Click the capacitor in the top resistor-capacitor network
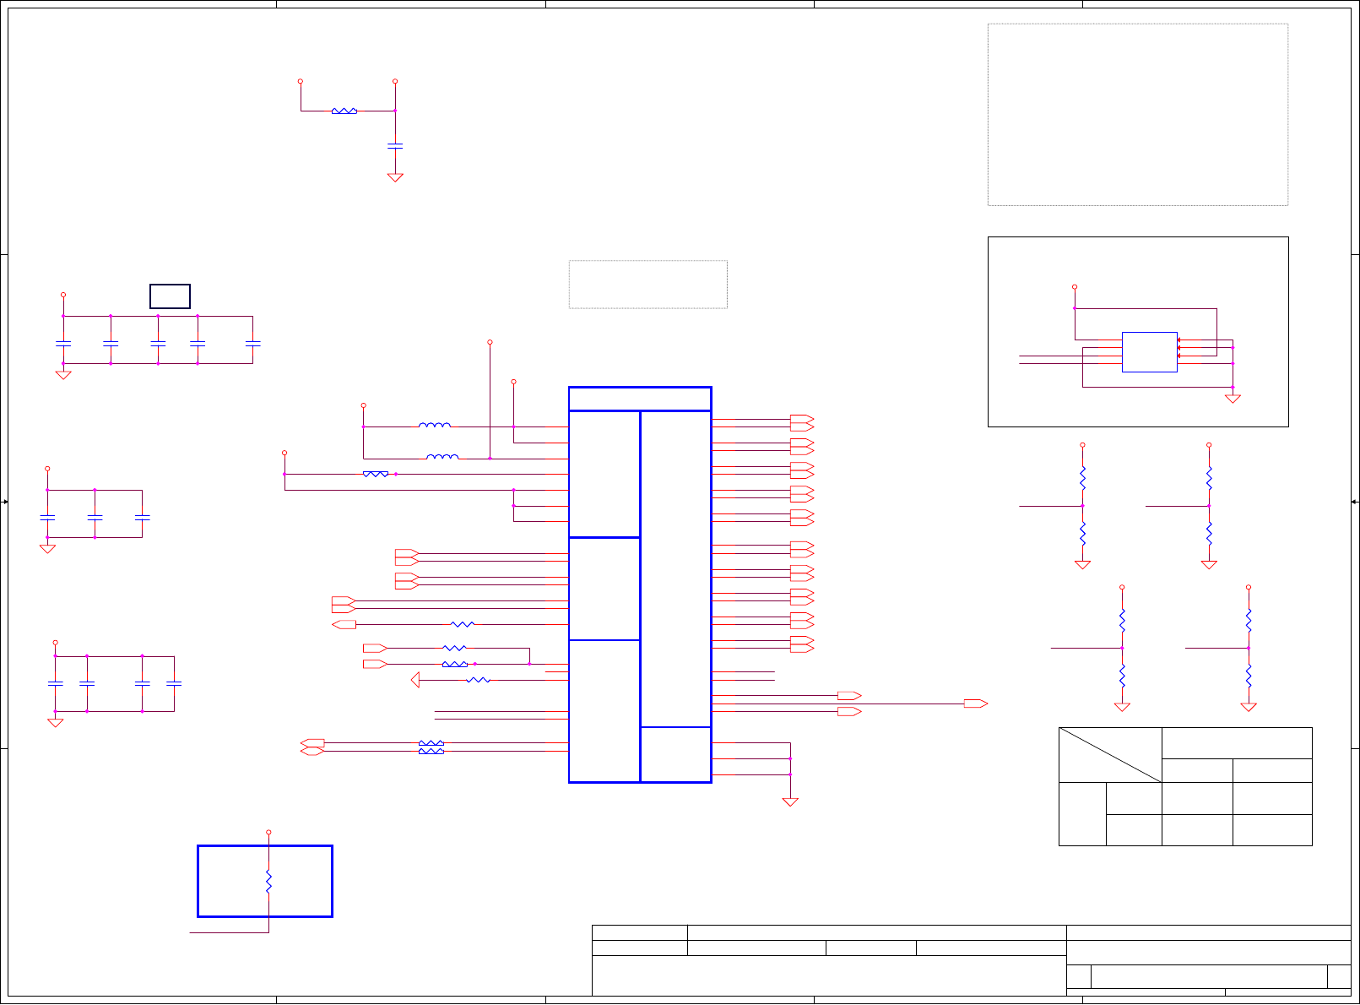[395, 145]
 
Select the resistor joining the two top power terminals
[344, 111]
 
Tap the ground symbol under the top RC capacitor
[395, 177]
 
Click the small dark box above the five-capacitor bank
[170, 296]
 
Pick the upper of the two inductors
[434, 426]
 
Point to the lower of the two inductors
[442, 458]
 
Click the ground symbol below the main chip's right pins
[790, 802]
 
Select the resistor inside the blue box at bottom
[268, 881]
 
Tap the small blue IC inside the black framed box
[1149, 351]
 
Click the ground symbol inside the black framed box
[1233, 399]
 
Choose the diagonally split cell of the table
[1110, 755]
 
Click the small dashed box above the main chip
[647, 284]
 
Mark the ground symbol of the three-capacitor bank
[47, 549]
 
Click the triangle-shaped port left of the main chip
[415, 680]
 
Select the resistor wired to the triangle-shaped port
[478, 680]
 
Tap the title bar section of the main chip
[640, 399]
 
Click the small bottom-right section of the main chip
[675, 754]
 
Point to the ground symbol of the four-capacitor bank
[56, 723]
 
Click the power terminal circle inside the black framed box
[1075, 287]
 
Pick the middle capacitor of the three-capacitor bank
[95, 516]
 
